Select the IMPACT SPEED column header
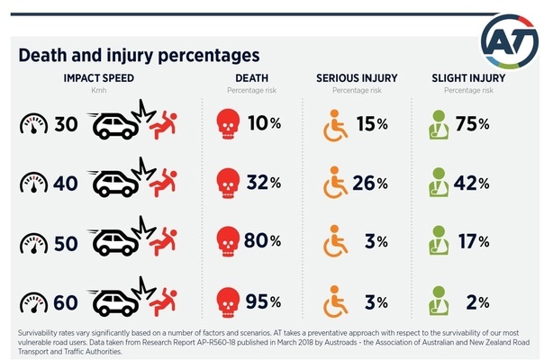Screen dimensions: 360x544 (99, 78)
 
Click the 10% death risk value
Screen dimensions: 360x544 (264, 123)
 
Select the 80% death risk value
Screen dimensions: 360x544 (264, 241)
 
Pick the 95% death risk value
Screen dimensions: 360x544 (264, 300)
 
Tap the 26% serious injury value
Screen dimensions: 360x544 (370, 183)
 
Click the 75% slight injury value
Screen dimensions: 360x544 (472, 123)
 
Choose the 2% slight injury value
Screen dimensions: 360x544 (472, 300)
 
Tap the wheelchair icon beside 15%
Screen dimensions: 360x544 (334, 123)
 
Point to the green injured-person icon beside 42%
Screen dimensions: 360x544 (439, 183)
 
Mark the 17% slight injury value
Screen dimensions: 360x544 (472, 241)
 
